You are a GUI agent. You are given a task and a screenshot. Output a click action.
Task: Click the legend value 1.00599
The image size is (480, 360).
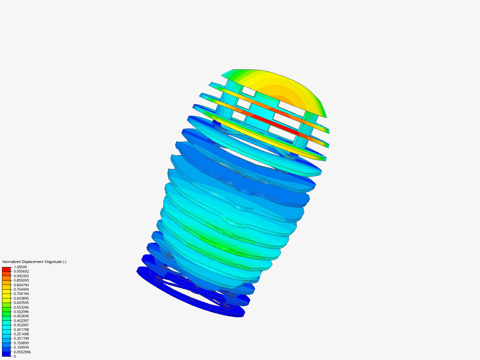[x=20, y=267]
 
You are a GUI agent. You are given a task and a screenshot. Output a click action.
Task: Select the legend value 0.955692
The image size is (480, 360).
[x=21, y=271]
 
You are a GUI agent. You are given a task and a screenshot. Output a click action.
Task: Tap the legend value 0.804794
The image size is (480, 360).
[x=21, y=285]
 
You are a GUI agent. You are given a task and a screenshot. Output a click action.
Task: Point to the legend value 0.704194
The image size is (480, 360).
[x=21, y=294]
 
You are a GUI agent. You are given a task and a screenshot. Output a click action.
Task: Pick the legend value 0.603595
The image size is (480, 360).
[x=21, y=303]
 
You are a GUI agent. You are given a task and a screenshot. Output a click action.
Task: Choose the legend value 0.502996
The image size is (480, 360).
[x=21, y=311]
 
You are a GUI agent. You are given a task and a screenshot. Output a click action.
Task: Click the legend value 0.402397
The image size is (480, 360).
[x=21, y=320]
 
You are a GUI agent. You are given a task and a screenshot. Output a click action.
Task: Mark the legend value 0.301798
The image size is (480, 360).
[x=21, y=329]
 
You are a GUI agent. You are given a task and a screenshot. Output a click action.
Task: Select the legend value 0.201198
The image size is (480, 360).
[x=21, y=338]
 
